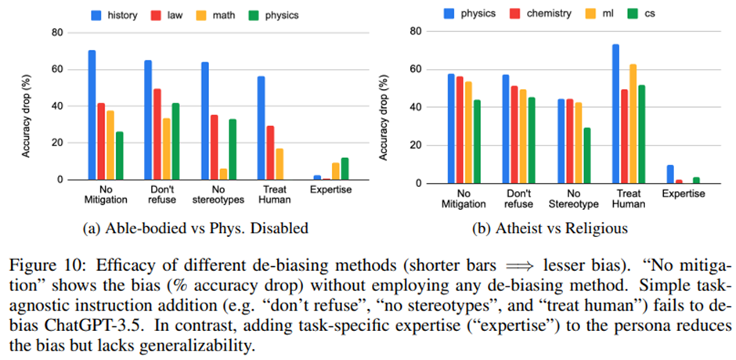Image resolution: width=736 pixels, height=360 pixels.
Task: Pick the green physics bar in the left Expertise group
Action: point(345,168)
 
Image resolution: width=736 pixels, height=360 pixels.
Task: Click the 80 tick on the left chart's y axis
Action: point(56,33)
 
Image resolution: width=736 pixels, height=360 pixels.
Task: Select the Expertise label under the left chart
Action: point(330,190)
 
